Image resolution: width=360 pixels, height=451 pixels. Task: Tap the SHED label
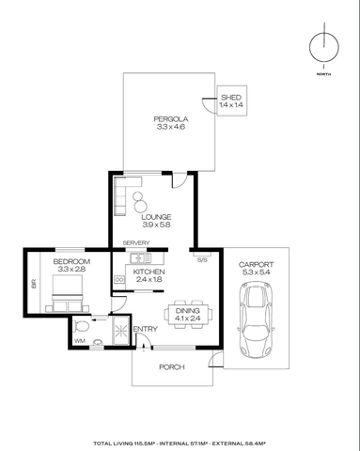click(x=230, y=98)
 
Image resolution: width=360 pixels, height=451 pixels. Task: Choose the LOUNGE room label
click(x=156, y=216)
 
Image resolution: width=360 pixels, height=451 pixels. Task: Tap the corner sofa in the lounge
click(x=122, y=198)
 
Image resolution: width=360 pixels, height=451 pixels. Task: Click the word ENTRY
click(x=146, y=328)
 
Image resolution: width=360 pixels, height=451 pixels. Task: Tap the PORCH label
click(x=171, y=366)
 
